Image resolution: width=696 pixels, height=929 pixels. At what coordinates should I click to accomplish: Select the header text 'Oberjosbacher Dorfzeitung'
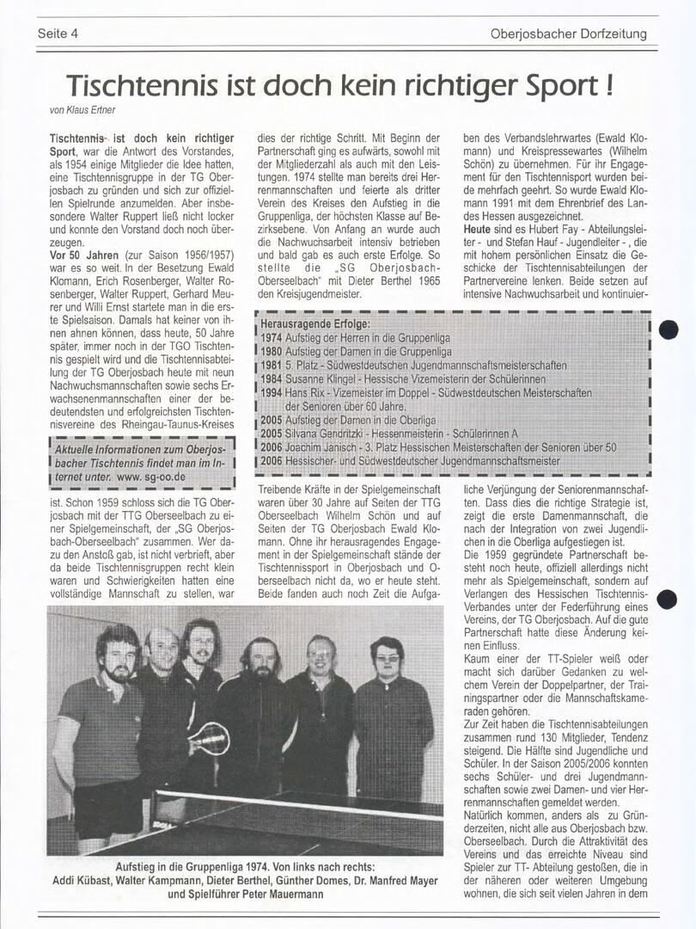pyautogui.click(x=568, y=34)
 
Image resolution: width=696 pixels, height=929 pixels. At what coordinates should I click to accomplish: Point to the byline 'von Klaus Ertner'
pyautogui.click(x=81, y=110)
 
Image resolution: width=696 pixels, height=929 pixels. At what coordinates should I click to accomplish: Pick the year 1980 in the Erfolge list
pyautogui.click(x=272, y=352)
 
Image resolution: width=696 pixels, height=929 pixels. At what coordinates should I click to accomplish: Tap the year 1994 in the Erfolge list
pyautogui.click(x=272, y=393)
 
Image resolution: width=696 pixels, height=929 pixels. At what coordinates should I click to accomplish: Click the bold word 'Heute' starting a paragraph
pyautogui.click(x=477, y=231)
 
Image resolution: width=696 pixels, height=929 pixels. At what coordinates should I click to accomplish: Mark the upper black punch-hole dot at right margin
pyautogui.click(x=670, y=329)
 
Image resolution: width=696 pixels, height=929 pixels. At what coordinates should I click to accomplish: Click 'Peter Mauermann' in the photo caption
pyautogui.click(x=282, y=895)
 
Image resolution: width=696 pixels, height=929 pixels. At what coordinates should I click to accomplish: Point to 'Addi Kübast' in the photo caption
pyautogui.click(x=86, y=881)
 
